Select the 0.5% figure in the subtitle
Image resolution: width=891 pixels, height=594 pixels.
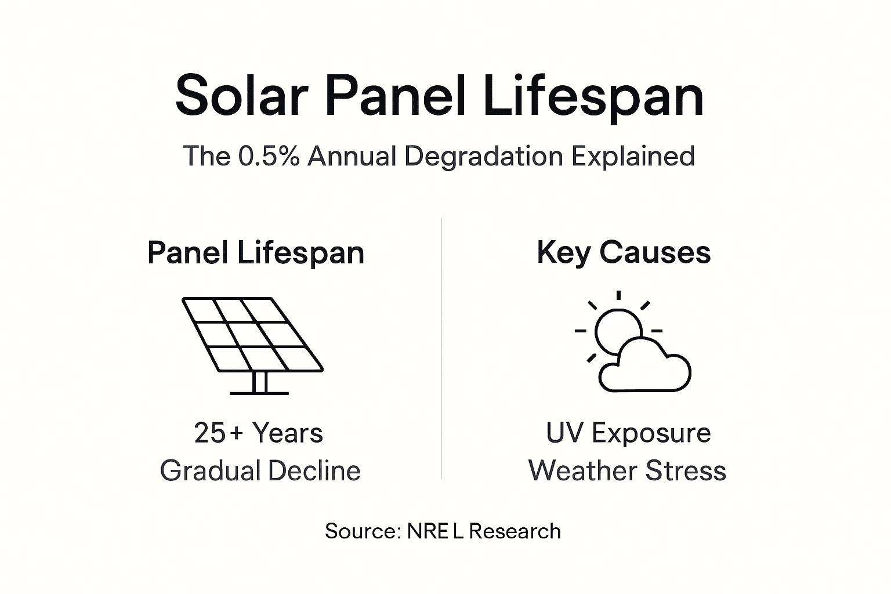click(269, 156)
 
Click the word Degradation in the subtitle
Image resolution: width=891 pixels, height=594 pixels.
click(483, 156)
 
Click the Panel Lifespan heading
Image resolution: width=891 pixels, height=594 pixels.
click(256, 253)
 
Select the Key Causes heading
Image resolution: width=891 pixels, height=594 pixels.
click(624, 253)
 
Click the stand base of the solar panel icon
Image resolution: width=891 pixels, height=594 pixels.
click(259, 393)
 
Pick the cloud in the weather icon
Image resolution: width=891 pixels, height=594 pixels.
click(645, 368)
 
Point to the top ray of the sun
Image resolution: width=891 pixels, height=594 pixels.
click(619, 295)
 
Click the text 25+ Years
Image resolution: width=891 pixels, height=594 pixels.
click(259, 433)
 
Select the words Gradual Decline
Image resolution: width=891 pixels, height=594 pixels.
click(260, 470)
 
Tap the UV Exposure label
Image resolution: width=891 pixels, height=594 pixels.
click(628, 433)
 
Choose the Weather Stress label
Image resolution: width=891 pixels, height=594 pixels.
click(627, 470)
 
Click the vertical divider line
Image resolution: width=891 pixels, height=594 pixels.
click(441, 348)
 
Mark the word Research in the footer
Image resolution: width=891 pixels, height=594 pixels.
click(515, 531)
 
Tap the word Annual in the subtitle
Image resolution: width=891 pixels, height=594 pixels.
click(352, 156)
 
